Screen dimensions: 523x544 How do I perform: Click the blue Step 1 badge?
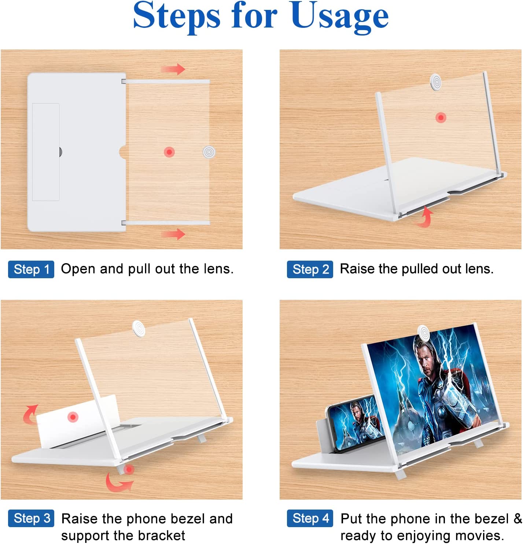pyautogui.click(x=31, y=269)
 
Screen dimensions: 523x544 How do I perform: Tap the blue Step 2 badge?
pyautogui.click(x=310, y=269)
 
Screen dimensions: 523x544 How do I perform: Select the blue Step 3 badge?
pyautogui.click(x=31, y=518)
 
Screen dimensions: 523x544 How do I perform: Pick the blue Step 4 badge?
pyautogui.click(x=310, y=518)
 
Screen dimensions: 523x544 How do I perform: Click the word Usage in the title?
pyautogui.click(x=339, y=17)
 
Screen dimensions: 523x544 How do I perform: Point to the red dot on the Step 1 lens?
pyautogui.click(x=169, y=152)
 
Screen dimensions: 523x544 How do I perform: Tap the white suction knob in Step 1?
pyautogui.click(x=209, y=152)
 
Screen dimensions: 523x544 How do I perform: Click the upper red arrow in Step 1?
pyautogui.click(x=173, y=69)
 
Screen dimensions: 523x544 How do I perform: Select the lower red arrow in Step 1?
pyautogui.click(x=173, y=234)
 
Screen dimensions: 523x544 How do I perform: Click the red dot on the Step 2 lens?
pyautogui.click(x=441, y=118)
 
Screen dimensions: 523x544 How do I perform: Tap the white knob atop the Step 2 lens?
pyautogui.click(x=436, y=82)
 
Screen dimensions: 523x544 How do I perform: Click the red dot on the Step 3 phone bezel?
pyautogui.click(x=73, y=417)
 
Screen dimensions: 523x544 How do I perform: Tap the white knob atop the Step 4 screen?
pyautogui.click(x=424, y=333)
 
